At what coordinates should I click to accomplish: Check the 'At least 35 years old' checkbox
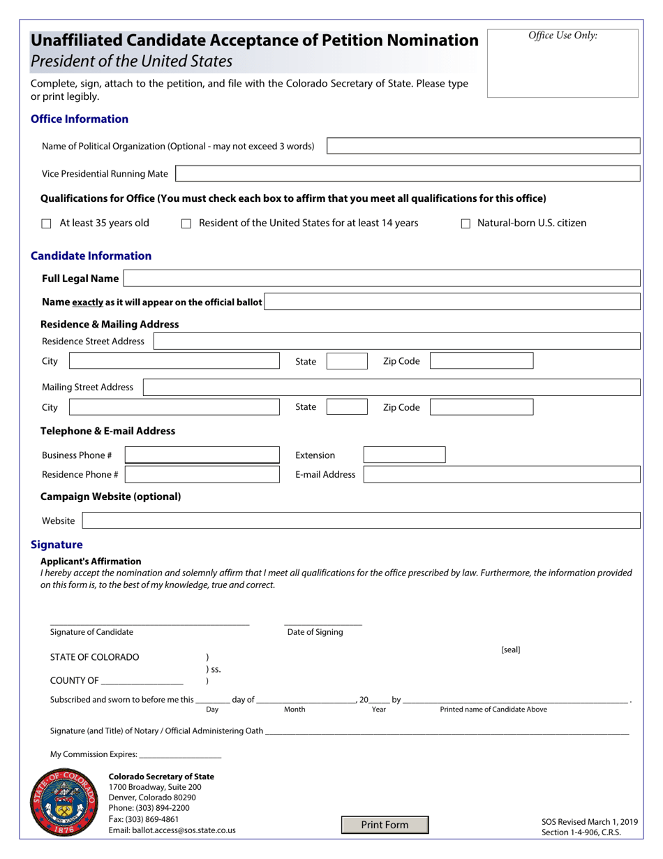tap(47, 224)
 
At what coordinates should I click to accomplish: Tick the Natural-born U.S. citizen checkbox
tap(465, 224)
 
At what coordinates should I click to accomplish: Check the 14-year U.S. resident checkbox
tap(186, 224)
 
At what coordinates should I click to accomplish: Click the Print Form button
tap(385, 825)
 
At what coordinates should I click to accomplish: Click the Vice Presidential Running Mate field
tap(407, 174)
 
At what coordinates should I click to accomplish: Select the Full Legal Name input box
tap(381, 279)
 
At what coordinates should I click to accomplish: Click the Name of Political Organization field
tap(483, 146)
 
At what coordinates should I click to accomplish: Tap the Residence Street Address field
tap(396, 342)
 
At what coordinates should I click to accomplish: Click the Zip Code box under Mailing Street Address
tap(482, 407)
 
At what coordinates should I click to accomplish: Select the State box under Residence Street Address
tap(347, 361)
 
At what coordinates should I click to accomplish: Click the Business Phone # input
tap(202, 455)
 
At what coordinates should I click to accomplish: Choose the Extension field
tap(404, 455)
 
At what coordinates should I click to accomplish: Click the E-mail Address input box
tap(501, 475)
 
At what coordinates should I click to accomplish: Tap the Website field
tap(361, 521)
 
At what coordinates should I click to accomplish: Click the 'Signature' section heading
tap(57, 545)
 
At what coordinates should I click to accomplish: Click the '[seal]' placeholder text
tap(510, 650)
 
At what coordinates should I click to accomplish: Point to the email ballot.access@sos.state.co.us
tap(172, 830)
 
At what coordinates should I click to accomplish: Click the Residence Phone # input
tap(202, 475)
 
